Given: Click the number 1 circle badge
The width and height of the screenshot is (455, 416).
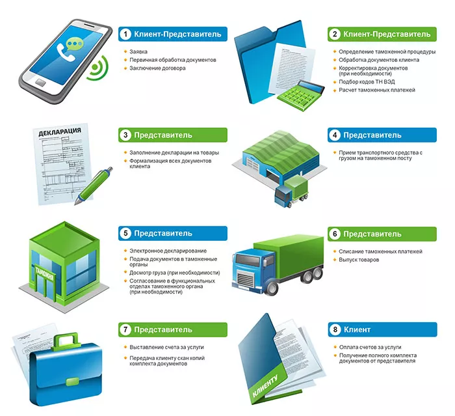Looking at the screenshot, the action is [125, 35].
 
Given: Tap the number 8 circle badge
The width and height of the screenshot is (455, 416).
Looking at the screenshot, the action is [335, 329].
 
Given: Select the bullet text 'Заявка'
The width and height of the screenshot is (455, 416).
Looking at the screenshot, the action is [138, 51].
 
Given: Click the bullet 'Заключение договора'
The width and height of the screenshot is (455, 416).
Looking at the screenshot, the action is [157, 68].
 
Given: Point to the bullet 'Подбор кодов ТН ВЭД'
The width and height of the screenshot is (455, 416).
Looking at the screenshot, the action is [367, 82].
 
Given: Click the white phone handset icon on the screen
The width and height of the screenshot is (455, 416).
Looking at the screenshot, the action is [66, 52].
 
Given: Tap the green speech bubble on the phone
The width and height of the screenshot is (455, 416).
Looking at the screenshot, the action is [75, 44].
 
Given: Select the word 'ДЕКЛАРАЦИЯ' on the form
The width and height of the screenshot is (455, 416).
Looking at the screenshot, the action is [60, 132].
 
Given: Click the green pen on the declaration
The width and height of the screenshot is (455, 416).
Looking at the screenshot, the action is [94, 186].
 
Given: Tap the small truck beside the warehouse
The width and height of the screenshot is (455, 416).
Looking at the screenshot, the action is [292, 191].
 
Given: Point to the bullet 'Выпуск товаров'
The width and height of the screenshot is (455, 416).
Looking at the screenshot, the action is [359, 260].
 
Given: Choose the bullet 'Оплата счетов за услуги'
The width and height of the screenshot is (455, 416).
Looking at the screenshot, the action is [370, 348].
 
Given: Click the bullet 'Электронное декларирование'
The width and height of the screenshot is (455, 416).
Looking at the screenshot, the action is [168, 251].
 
